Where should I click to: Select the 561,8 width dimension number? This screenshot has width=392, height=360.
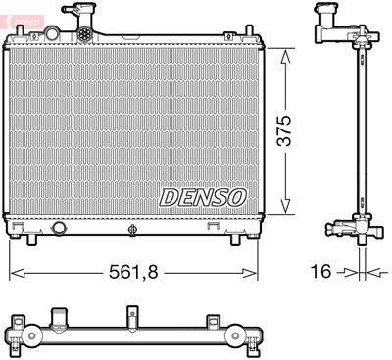pyautogui.click(x=133, y=268)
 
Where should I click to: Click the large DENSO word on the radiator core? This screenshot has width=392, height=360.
pyautogui.click(x=203, y=196)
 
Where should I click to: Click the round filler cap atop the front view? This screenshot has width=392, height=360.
pyautogui.click(x=86, y=33)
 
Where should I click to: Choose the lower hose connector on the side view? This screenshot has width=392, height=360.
pyautogui.click(x=343, y=228)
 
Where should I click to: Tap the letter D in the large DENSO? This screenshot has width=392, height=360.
pyautogui.click(x=168, y=196)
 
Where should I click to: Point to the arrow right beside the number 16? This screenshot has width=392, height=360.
pyautogui.click(x=343, y=271)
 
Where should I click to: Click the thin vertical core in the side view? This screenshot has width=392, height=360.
pyautogui.click(x=355, y=128)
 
